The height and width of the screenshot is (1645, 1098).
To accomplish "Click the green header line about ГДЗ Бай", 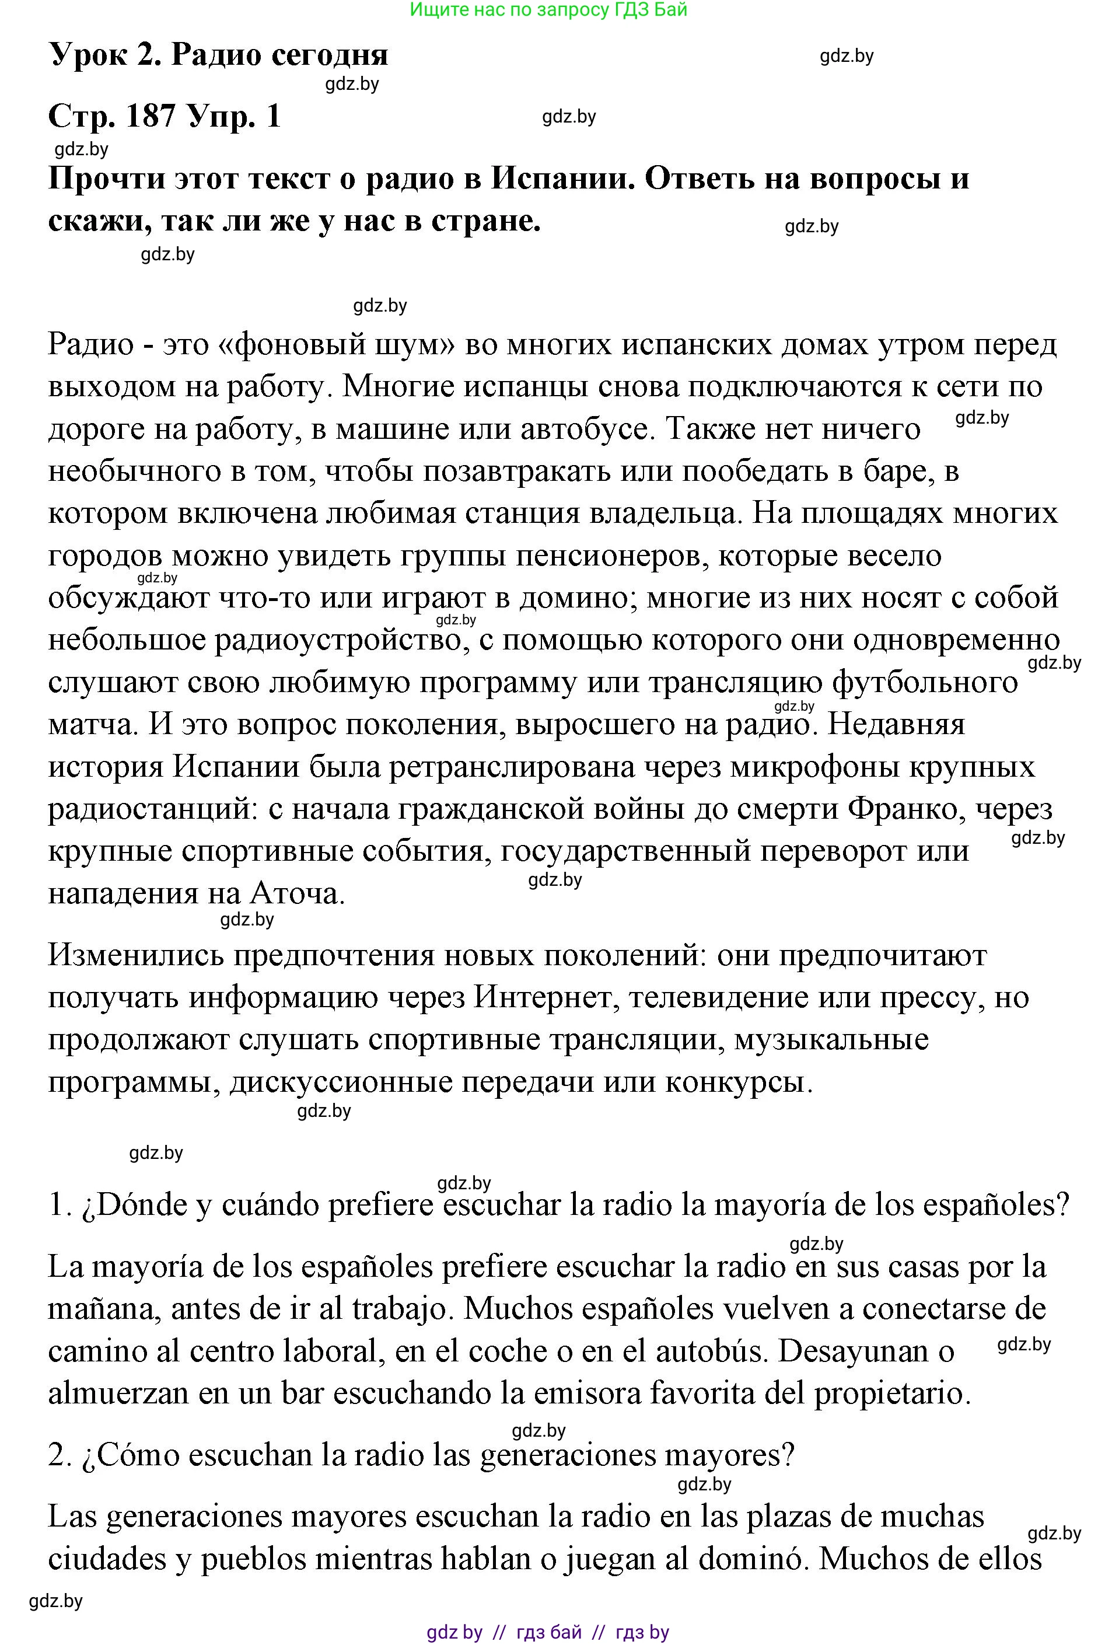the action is click(x=548, y=10).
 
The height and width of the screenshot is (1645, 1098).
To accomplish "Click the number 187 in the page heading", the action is click(x=151, y=116).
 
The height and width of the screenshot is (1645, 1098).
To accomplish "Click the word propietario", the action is click(x=892, y=1393).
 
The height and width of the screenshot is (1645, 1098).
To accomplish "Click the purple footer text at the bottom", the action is click(x=548, y=1632).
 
